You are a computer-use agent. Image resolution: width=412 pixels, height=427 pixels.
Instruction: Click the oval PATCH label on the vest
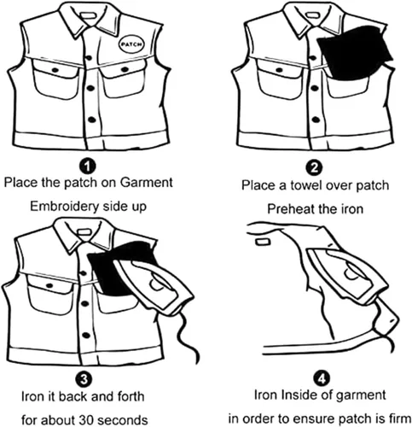pos(131,44)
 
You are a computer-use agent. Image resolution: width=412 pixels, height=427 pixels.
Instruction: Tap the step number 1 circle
pos(88,167)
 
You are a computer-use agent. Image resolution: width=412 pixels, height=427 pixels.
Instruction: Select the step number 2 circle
pos(313,167)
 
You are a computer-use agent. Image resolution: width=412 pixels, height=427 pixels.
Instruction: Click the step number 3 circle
pos(83,380)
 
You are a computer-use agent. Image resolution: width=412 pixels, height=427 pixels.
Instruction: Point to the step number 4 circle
pos(321,379)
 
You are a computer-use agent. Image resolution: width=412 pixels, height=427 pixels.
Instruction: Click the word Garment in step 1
pos(146,182)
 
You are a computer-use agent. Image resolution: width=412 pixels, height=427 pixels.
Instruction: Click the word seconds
pos(123,420)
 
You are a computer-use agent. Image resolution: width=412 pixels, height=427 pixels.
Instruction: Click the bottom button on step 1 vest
pos(91,120)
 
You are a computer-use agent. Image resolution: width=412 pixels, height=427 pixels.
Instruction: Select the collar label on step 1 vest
pos(85,15)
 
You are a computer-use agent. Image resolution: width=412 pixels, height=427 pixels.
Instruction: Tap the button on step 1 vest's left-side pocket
pos(55,70)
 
